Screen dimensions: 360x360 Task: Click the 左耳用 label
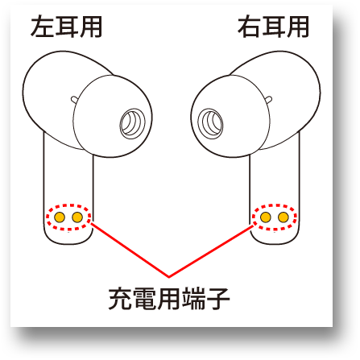pos(66,27)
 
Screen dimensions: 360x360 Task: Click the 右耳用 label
pos(273,27)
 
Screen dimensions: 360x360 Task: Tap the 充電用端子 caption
pos(169,299)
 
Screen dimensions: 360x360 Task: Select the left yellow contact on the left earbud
pos(60,217)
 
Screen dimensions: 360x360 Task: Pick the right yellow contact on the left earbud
pos(77,217)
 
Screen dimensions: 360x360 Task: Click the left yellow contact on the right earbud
pos(266,217)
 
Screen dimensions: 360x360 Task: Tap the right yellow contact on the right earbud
pos(283,217)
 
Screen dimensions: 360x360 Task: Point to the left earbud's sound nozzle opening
pos(132,124)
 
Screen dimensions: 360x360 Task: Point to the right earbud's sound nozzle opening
pos(210,124)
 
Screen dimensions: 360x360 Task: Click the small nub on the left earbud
pos(74,100)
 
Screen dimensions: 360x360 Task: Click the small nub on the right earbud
pos(268,100)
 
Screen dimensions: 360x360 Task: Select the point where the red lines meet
pos(168,276)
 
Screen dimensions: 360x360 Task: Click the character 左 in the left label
pos(43,27)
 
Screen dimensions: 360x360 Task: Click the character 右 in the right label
pos(250,27)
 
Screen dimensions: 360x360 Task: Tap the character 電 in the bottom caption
pos(144,299)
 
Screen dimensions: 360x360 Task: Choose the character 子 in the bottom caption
pos(217,299)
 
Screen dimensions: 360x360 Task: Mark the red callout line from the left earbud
pos(130,250)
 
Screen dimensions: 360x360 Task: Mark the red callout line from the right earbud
pos(211,251)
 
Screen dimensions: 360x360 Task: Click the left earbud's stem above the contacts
pos(68,177)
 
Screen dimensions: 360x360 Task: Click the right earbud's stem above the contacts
pos(275,177)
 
